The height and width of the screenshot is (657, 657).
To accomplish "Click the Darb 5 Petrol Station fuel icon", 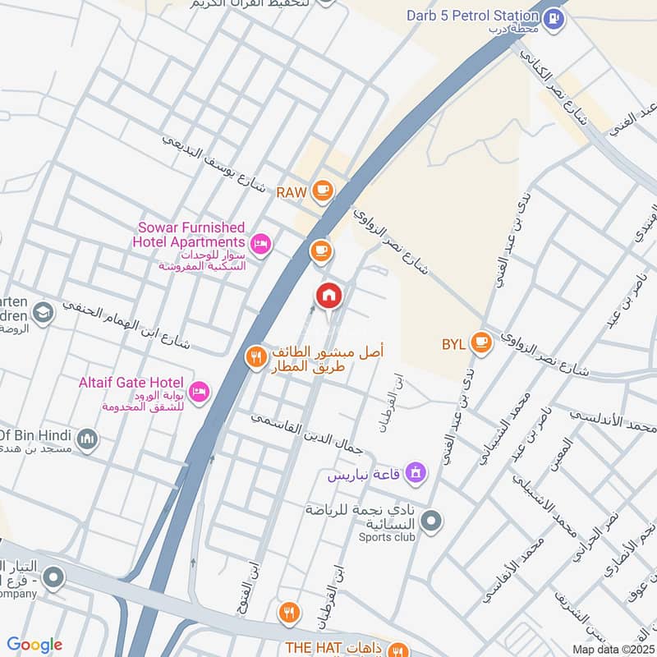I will click(555, 16).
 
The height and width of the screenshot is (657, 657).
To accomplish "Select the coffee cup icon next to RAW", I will click(323, 192).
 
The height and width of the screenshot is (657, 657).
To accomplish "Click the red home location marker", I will click(328, 296).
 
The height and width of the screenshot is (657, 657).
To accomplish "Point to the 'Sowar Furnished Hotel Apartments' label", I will click(190, 234).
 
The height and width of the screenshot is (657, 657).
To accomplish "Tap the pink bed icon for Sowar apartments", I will click(261, 242).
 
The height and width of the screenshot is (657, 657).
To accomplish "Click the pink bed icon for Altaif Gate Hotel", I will click(198, 392).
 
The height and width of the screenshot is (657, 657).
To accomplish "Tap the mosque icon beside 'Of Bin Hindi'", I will click(88, 441).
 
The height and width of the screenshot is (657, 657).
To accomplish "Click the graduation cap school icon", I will click(43, 313).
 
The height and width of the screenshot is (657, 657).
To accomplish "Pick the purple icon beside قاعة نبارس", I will click(416, 472).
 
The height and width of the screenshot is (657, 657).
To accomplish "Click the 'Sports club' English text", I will click(386, 537).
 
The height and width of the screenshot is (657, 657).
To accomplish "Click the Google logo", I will click(34, 646).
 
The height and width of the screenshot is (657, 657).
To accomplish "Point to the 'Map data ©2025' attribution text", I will click(611, 649).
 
